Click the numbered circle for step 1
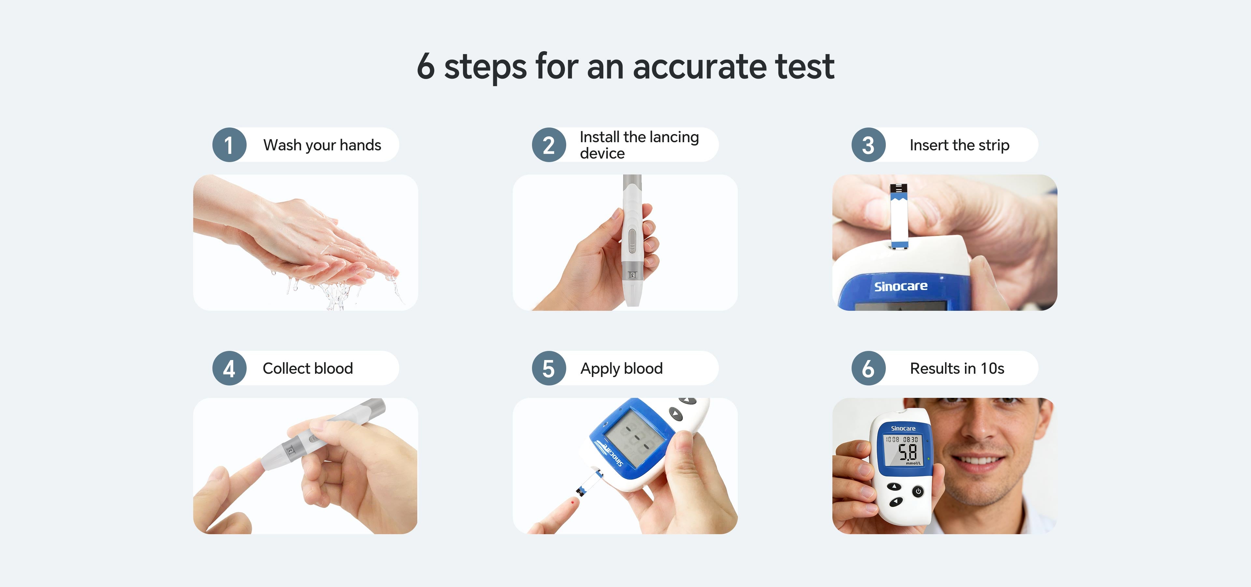click(x=229, y=145)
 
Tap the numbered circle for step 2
click(x=549, y=145)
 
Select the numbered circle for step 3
click(x=868, y=145)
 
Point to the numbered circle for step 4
click(x=229, y=368)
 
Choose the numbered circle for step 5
click(x=549, y=368)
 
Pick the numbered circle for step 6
click(x=868, y=368)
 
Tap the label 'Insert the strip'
click(x=959, y=145)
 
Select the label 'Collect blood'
click(x=308, y=368)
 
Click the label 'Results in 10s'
click(x=957, y=368)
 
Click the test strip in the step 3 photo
click(x=899, y=216)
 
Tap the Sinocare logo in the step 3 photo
click(x=901, y=286)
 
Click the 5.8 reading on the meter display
click(x=907, y=452)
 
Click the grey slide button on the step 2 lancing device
click(x=632, y=241)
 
